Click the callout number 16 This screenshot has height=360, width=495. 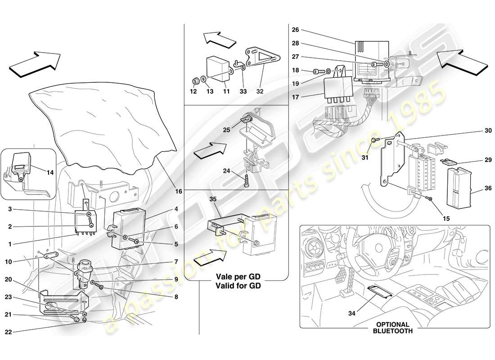coord(179,191)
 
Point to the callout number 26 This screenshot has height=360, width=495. coord(295,31)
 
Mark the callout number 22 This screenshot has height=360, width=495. coord(8,332)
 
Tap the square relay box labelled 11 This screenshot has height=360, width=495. coord(218,67)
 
